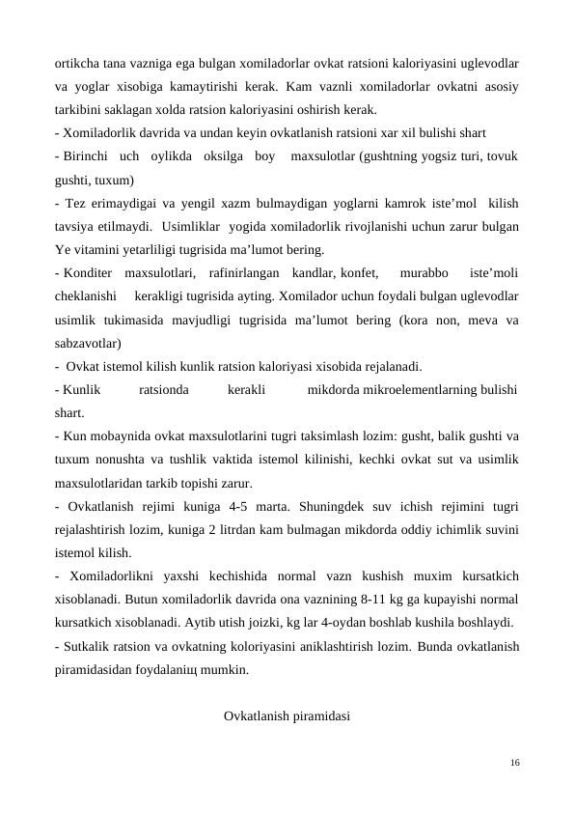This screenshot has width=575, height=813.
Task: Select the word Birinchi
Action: click(x=90, y=157)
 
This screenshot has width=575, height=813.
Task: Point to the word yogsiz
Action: click(x=435, y=157)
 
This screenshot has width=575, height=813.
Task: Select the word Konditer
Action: click(x=89, y=272)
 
